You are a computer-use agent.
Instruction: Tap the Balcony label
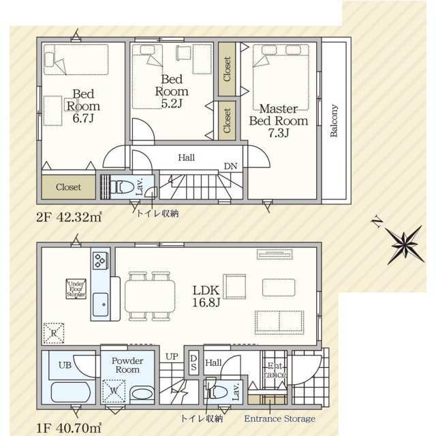tap(334, 121)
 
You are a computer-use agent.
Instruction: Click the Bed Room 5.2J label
tap(171, 91)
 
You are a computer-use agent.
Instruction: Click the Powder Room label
tap(127, 365)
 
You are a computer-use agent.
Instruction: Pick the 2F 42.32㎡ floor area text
tap(69, 219)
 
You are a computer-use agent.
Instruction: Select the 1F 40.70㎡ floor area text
tap(69, 427)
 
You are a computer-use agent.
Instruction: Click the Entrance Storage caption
tap(279, 418)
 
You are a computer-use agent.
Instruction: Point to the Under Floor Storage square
tap(76, 288)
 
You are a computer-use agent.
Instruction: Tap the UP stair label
tap(172, 356)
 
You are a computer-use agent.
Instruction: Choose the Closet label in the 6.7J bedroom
tap(69, 187)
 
